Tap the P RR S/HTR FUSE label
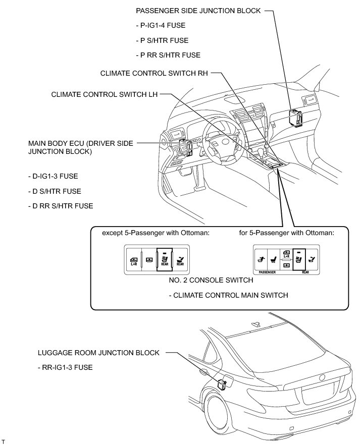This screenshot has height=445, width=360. coord(168,55)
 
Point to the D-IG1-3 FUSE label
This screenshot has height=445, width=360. coord(53,176)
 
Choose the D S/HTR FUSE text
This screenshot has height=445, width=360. coord(55,191)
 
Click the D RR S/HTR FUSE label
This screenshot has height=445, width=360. coord(61,206)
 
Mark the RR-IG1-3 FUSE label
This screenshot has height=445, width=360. coord(65,368)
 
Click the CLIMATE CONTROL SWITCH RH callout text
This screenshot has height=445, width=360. coord(154,73)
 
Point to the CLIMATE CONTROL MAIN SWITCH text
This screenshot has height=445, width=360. coord(228,295)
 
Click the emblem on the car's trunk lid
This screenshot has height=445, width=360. coord(321,377)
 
